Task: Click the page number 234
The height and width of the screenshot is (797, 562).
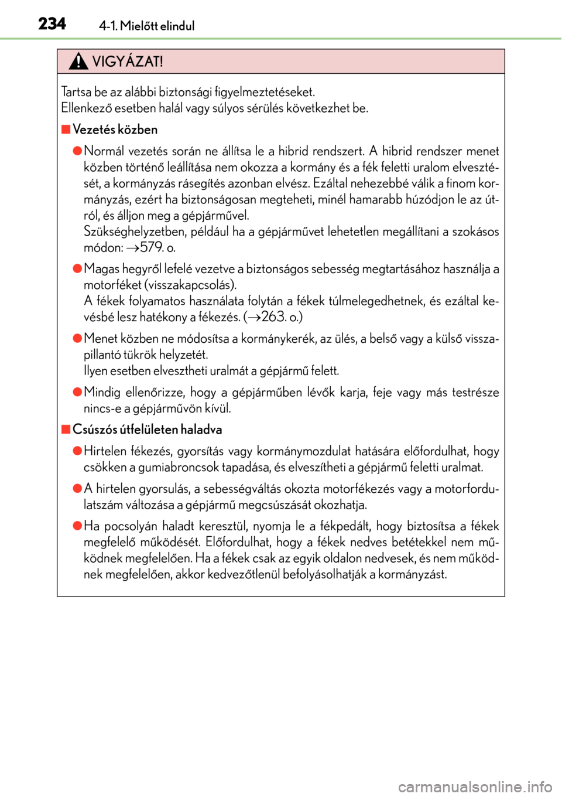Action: pos(52,24)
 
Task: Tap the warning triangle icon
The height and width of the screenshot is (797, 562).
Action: pos(78,61)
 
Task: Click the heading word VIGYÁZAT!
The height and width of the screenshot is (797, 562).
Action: pos(128,62)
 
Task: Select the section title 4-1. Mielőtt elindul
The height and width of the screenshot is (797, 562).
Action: pos(146,26)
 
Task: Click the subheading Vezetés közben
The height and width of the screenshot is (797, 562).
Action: pos(115,130)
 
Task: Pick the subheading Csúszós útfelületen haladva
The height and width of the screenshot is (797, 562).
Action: pos(147,430)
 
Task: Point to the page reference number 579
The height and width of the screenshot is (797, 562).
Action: pos(153,247)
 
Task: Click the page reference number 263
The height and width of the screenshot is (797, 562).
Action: pos(273,317)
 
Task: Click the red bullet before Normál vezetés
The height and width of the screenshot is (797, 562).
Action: pos(77,151)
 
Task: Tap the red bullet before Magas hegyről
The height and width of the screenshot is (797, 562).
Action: pos(77,268)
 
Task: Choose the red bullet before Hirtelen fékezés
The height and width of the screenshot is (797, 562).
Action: pos(77,451)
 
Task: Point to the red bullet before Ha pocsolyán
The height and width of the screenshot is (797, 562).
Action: pos(77,526)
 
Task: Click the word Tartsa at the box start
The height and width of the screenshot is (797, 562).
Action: pos(76,92)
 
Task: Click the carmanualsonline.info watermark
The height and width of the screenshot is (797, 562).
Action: pos(475,786)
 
